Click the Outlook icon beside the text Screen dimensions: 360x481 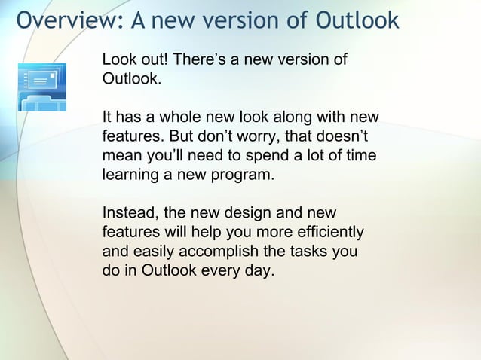[x=41, y=87]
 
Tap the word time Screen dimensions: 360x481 [x=359, y=157]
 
